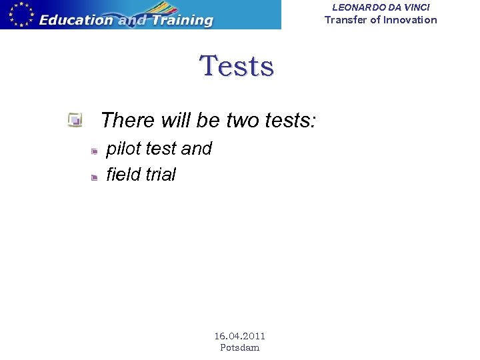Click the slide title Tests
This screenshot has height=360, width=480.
point(237,67)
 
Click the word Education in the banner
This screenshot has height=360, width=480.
point(75,20)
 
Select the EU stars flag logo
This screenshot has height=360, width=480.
point(18,14)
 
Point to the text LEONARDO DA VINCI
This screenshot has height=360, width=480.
point(381,7)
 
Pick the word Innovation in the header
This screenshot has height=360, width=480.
point(410,20)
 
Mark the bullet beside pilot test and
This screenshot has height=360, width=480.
point(95,151)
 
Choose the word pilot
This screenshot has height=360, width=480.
point(123,149)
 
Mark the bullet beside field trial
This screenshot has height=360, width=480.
point(95,177)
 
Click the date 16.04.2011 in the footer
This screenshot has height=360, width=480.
point(239,336)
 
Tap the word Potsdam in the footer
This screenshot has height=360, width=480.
point(239,347)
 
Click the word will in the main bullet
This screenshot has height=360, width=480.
point(176,121)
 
